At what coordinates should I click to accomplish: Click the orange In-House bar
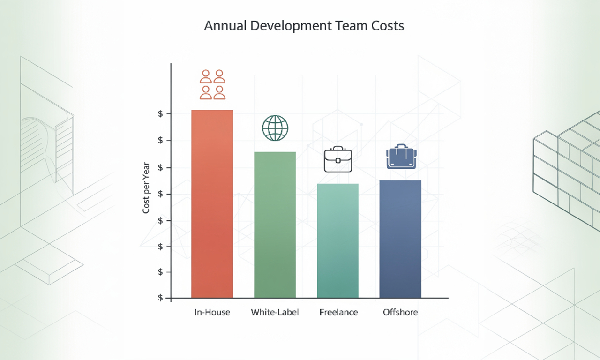(212, 204)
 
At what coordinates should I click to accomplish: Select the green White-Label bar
(275, 225)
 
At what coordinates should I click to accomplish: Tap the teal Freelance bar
(337, 240)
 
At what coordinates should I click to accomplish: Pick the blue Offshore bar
(400, 239)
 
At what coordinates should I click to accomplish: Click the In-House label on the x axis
(212, 312)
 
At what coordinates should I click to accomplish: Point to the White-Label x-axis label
(275, 312)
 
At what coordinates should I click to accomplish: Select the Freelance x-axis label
(338, 312)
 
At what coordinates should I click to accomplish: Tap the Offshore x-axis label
(400, 312)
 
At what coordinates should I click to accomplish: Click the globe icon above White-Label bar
(275, 128)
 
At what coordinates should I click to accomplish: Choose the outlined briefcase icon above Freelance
(338, 160)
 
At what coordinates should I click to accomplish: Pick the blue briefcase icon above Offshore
(401, 157)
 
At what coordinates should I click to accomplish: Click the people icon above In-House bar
(212, 84)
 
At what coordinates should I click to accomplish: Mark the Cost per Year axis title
(146, 187)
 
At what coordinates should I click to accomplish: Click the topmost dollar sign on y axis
(161, 113)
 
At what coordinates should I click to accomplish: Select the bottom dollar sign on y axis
(161, 298)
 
